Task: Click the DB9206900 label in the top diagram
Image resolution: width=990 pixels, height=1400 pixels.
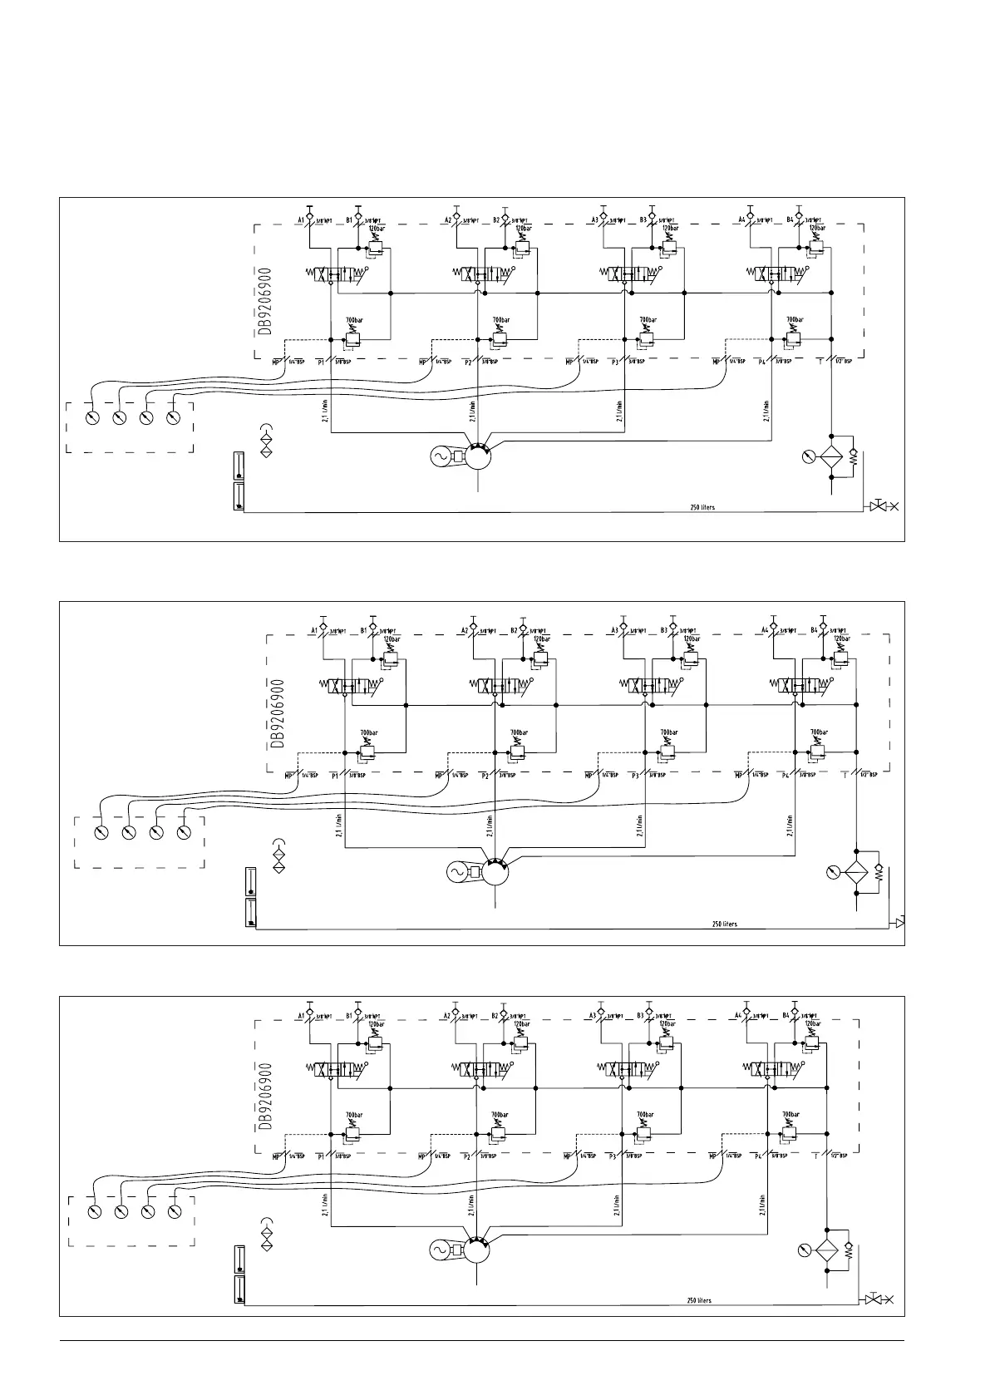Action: [x=264, y=301]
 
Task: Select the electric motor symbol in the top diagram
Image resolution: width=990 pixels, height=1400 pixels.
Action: [x=438, y=456]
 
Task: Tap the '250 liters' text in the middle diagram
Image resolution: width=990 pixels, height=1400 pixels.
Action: [x=724, y=924]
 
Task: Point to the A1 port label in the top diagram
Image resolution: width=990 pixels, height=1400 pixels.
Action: [x=301, y=220]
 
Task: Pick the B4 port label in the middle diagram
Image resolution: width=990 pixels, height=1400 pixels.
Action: [x=815, y=630]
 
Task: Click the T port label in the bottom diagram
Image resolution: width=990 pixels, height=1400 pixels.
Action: [x=815, y=1156]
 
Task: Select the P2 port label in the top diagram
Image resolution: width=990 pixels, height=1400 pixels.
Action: [x=468, y=362]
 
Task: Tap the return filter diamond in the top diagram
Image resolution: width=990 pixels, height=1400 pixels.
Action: [x=832, y=456]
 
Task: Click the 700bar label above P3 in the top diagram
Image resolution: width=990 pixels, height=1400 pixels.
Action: [x=648, y=320]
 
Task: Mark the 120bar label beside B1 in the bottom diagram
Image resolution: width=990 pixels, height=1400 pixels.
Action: [x=377, y=1024]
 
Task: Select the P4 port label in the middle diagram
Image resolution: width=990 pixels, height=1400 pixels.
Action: [x=786, y=776]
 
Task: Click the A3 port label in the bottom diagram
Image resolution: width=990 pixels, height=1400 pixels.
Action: [x=594, y=1016]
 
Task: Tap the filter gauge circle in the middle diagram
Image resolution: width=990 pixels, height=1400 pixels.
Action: [x=829, y=872]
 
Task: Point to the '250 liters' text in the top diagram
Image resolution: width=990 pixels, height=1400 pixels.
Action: [x=702, y=507]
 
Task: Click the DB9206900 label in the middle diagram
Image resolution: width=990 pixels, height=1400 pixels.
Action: [x=278, y=713]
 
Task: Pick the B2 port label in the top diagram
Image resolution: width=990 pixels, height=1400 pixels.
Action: [x=497, y=220]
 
